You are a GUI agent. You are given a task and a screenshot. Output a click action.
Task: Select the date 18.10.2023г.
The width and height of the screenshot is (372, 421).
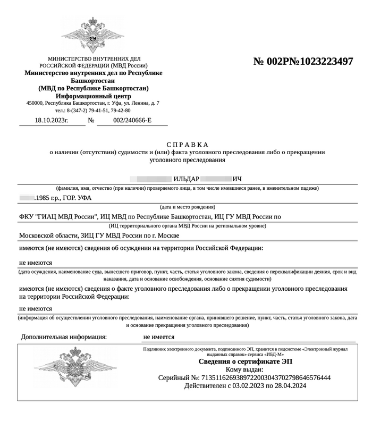52,121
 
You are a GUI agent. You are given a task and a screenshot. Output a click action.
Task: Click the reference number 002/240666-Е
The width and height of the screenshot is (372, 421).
132,121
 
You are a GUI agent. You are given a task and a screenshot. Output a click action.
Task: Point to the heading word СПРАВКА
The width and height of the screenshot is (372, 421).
188,145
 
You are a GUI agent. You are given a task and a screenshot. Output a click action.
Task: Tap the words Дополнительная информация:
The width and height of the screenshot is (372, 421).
64,336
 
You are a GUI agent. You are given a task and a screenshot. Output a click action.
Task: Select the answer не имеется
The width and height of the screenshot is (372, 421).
159,336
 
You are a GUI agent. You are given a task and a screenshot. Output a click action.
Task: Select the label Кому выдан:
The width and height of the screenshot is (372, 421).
244,369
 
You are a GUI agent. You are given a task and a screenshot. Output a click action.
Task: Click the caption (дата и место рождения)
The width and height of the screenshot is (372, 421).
188,207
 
